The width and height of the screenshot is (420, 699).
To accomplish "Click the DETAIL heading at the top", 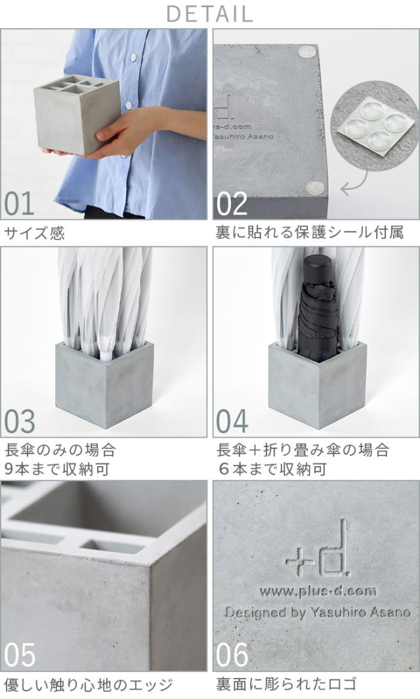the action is point(209,14).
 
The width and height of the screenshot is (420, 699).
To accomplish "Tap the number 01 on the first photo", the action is point(19,203).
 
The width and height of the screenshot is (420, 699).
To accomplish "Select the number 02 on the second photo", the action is point(232,203).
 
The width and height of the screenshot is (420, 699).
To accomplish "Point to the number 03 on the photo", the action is point(19,421).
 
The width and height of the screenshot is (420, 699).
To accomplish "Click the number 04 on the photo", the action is point(232,421).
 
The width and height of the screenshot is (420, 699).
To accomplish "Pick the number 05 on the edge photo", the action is point(19,655).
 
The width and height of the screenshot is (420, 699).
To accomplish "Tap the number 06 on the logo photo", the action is point(232,655).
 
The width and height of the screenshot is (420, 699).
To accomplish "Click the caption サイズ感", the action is point(34,233).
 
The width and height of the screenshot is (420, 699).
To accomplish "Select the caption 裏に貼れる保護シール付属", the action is point(310,232).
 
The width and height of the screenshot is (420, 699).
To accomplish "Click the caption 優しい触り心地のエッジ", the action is point(89,685).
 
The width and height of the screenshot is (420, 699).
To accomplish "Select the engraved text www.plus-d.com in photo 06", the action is point(318,591).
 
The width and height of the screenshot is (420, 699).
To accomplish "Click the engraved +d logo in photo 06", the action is point(318,549).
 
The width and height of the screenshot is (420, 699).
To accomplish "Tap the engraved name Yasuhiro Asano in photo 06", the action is point(360,612).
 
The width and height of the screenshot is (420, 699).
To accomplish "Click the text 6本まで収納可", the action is point(272,469).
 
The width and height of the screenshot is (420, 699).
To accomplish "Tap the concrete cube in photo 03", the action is point(105,383).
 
